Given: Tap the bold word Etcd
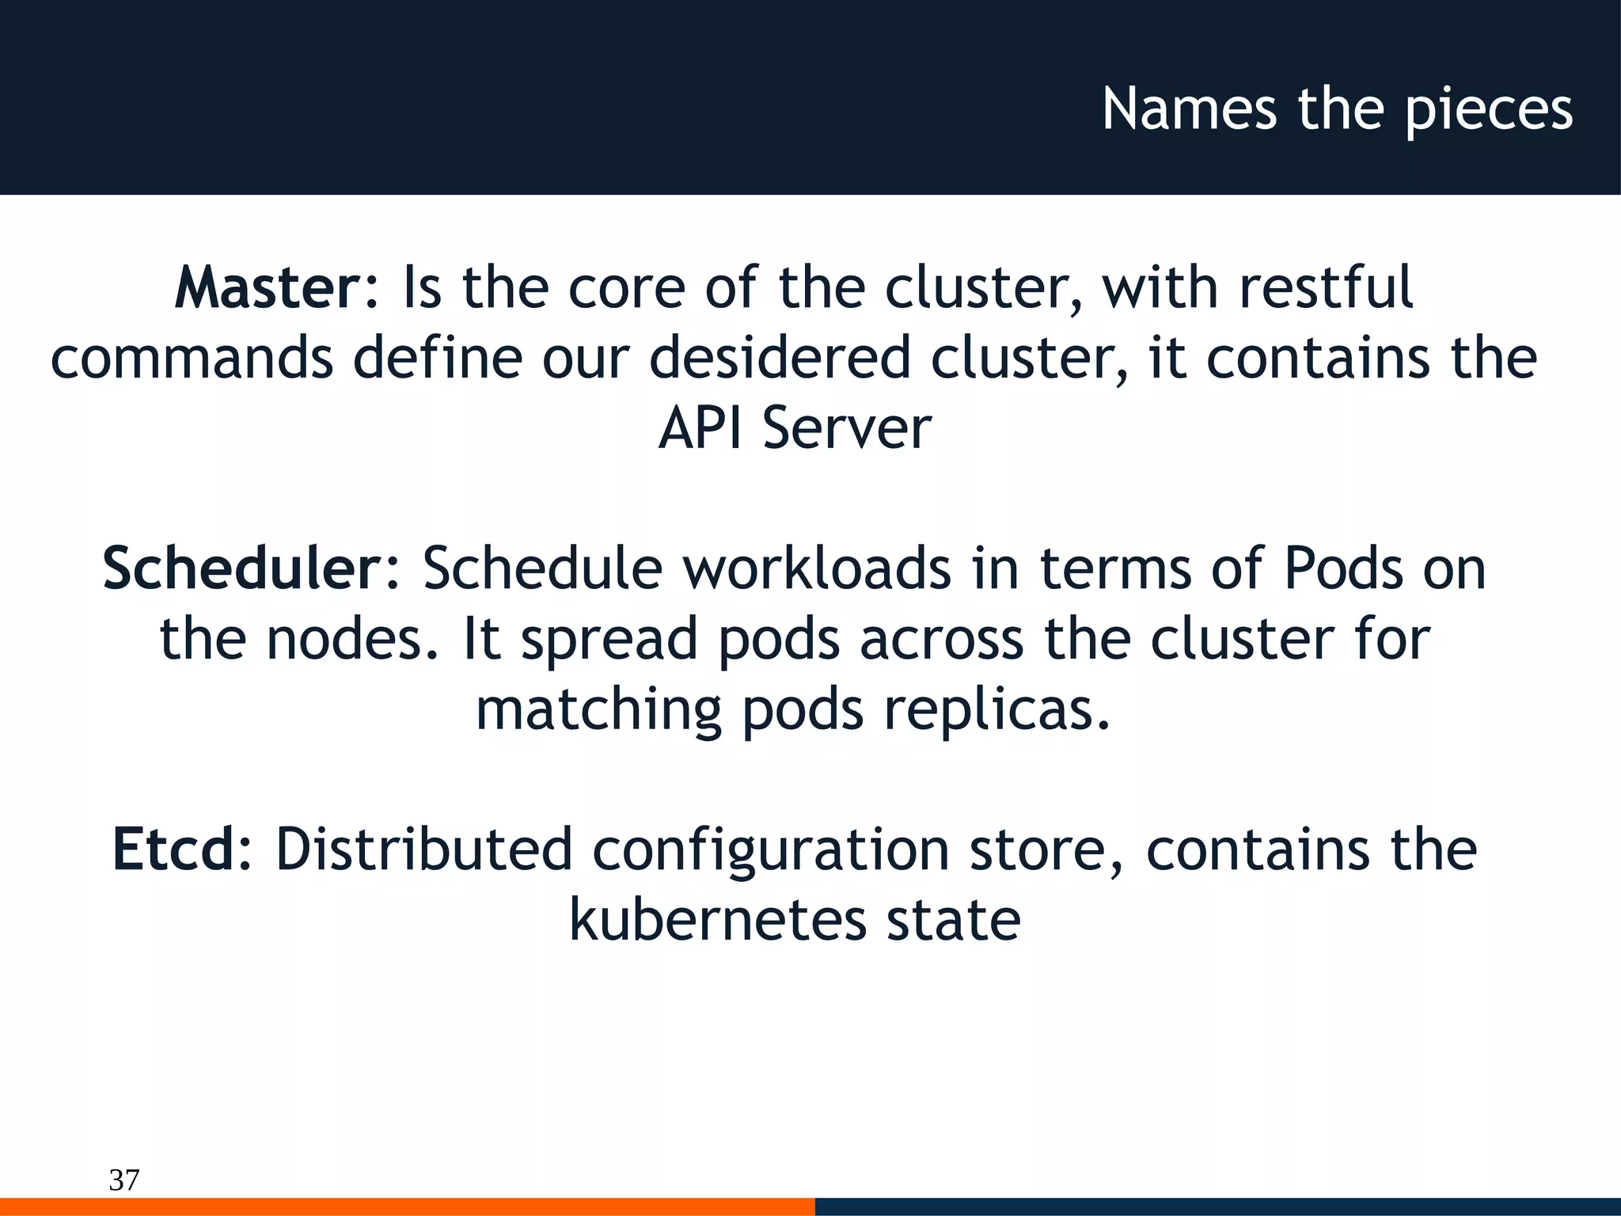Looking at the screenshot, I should (174, 849).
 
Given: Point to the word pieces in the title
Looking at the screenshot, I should (1489, 111).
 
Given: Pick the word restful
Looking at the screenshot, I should (1326, 287).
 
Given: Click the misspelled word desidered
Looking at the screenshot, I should (780, 358).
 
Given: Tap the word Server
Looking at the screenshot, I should (847, 428).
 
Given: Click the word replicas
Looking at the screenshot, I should (997, 710).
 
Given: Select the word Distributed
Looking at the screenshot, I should (423, 849).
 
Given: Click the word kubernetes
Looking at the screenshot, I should (718, 920).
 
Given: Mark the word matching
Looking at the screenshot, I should (599, 710).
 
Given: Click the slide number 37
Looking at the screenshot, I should (124, 1180).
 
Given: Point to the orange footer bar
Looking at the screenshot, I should (408, 1206).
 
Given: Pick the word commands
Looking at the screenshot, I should (192, 358).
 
